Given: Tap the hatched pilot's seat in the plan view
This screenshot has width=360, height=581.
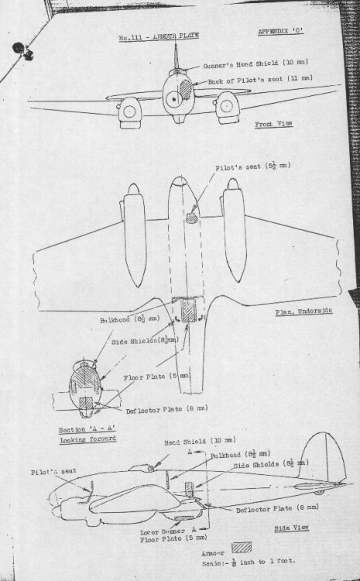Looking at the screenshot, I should pos(190,219).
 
